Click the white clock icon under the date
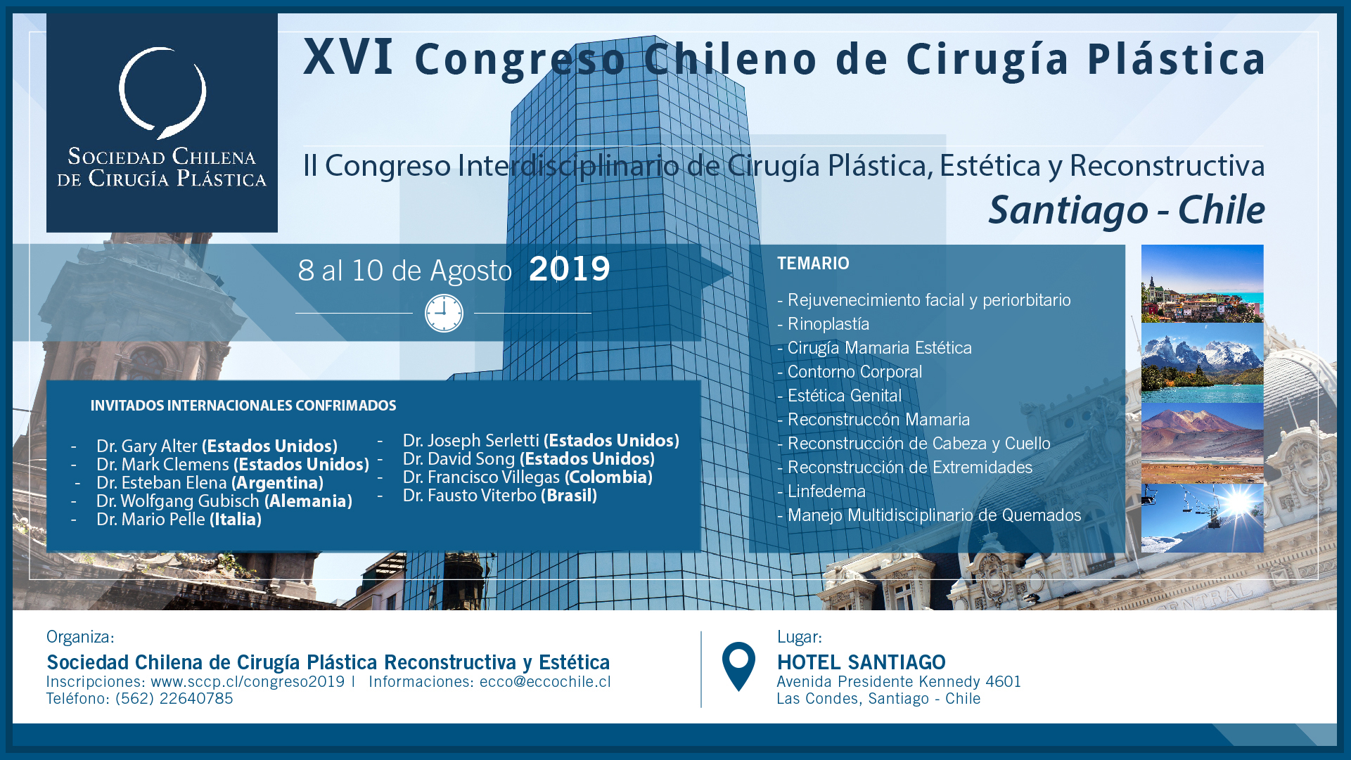pyautogui.click(x=444, y=314)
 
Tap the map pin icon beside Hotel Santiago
pyautogui.click(x=738, y=666)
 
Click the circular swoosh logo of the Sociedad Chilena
pyautogui.click(x=162, y=92)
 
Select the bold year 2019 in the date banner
pyautogui.click(x=570, y=269)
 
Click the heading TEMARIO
pyautogui.click(x=813, y=264)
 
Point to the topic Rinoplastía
pyautogui.click(x=828, y=324)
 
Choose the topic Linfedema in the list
pyautogui.click(x=826, y=491)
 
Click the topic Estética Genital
pyautogui.click(x=844, y=396)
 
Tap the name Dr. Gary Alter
pyautogui.click(x=147, y=446)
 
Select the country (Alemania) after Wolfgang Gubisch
pyautogui.click(x=309, y=501)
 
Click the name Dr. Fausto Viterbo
pyautogui.click(x=470, y=496)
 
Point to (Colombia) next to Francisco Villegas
pyautogui.click(x=608, y=477)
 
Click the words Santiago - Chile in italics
pyautogui.click(x=1126, y=210)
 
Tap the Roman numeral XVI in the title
pyautogui.click(x=348, y=57)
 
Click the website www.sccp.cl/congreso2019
pyautogui.click(x=248, y=682)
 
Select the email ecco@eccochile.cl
pyautogui.click(x=545, y=682)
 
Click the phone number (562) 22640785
pyautogui.click(x=174, y=699)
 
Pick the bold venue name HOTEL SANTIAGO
pyautogui.click(x=862, y=662)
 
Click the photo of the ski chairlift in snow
pyautogui.click(x=1203, y=518)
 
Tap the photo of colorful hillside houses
pyautogui.click(x=1203, y=283)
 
